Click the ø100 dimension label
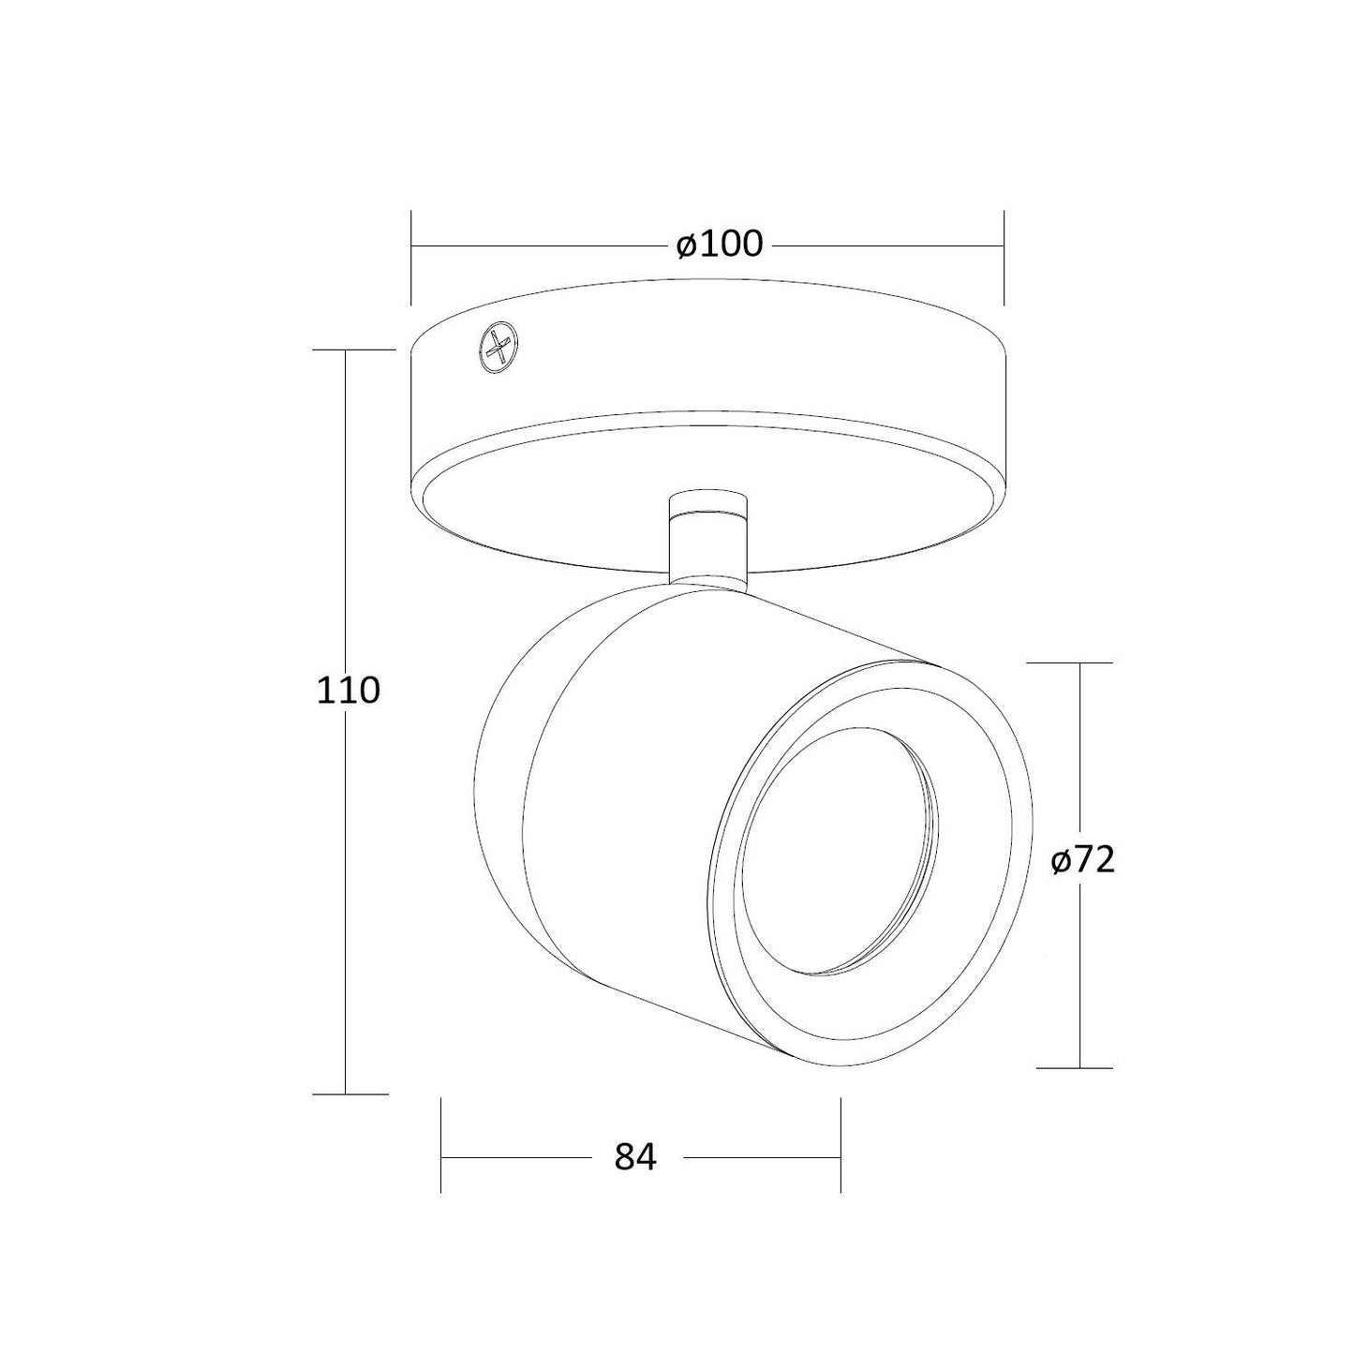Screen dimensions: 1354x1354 point(719,245)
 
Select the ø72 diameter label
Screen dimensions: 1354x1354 point(1083,860)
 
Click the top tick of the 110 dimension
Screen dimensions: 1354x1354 point(353,350)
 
